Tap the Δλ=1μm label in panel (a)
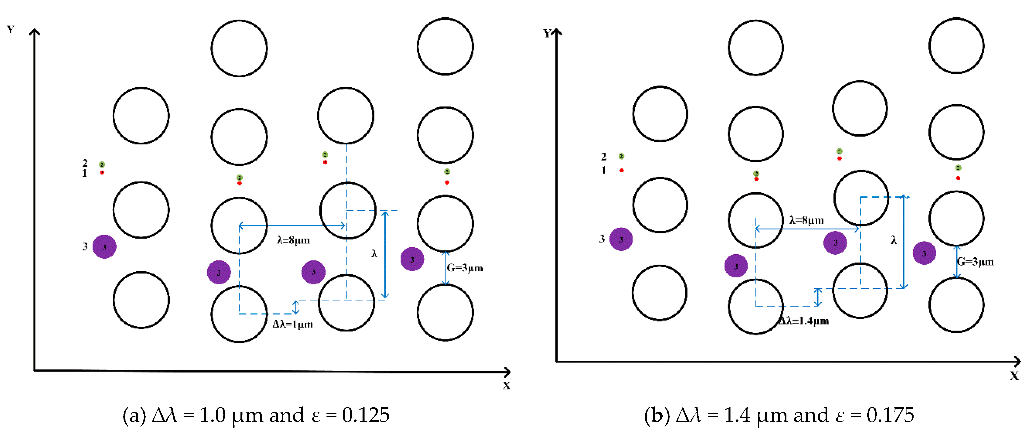293,324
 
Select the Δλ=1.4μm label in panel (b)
804,321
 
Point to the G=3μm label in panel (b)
975,262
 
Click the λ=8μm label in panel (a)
294,240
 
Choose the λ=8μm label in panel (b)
807,220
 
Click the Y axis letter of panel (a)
11,29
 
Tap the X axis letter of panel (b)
1014,376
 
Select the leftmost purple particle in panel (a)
104,247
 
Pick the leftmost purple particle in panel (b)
621,239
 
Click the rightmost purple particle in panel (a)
412,259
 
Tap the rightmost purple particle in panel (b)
924,253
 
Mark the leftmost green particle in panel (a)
102,164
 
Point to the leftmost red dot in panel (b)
621,170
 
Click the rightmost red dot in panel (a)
447,182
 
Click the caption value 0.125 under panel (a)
365,415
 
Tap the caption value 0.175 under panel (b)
890,415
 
